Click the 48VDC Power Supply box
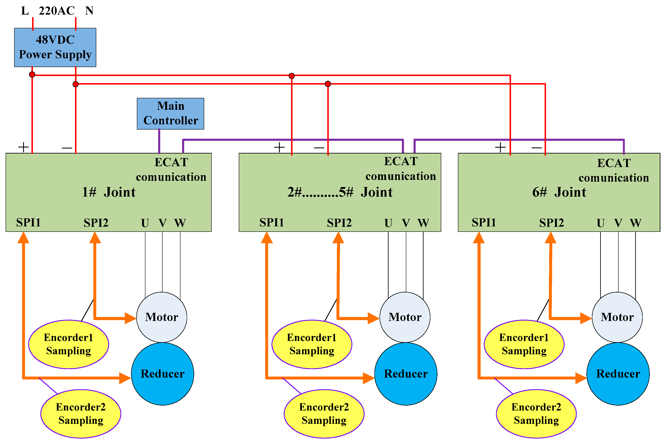[55, 47]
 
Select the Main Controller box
[170, 114]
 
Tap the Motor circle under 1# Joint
[162, 317]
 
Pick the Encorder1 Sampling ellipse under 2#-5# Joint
[312, 344]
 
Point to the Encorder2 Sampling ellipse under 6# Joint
[536, 414]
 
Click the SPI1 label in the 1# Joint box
[28, 223]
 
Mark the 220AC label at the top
[56, 11]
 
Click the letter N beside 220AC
[89, 11]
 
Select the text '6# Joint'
[559, 192]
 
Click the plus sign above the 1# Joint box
[24, 147]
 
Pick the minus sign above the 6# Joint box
[536, 148]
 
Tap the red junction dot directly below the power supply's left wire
[32, 75]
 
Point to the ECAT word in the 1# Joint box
[171, 162]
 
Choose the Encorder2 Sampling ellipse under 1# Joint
[81, 414]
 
